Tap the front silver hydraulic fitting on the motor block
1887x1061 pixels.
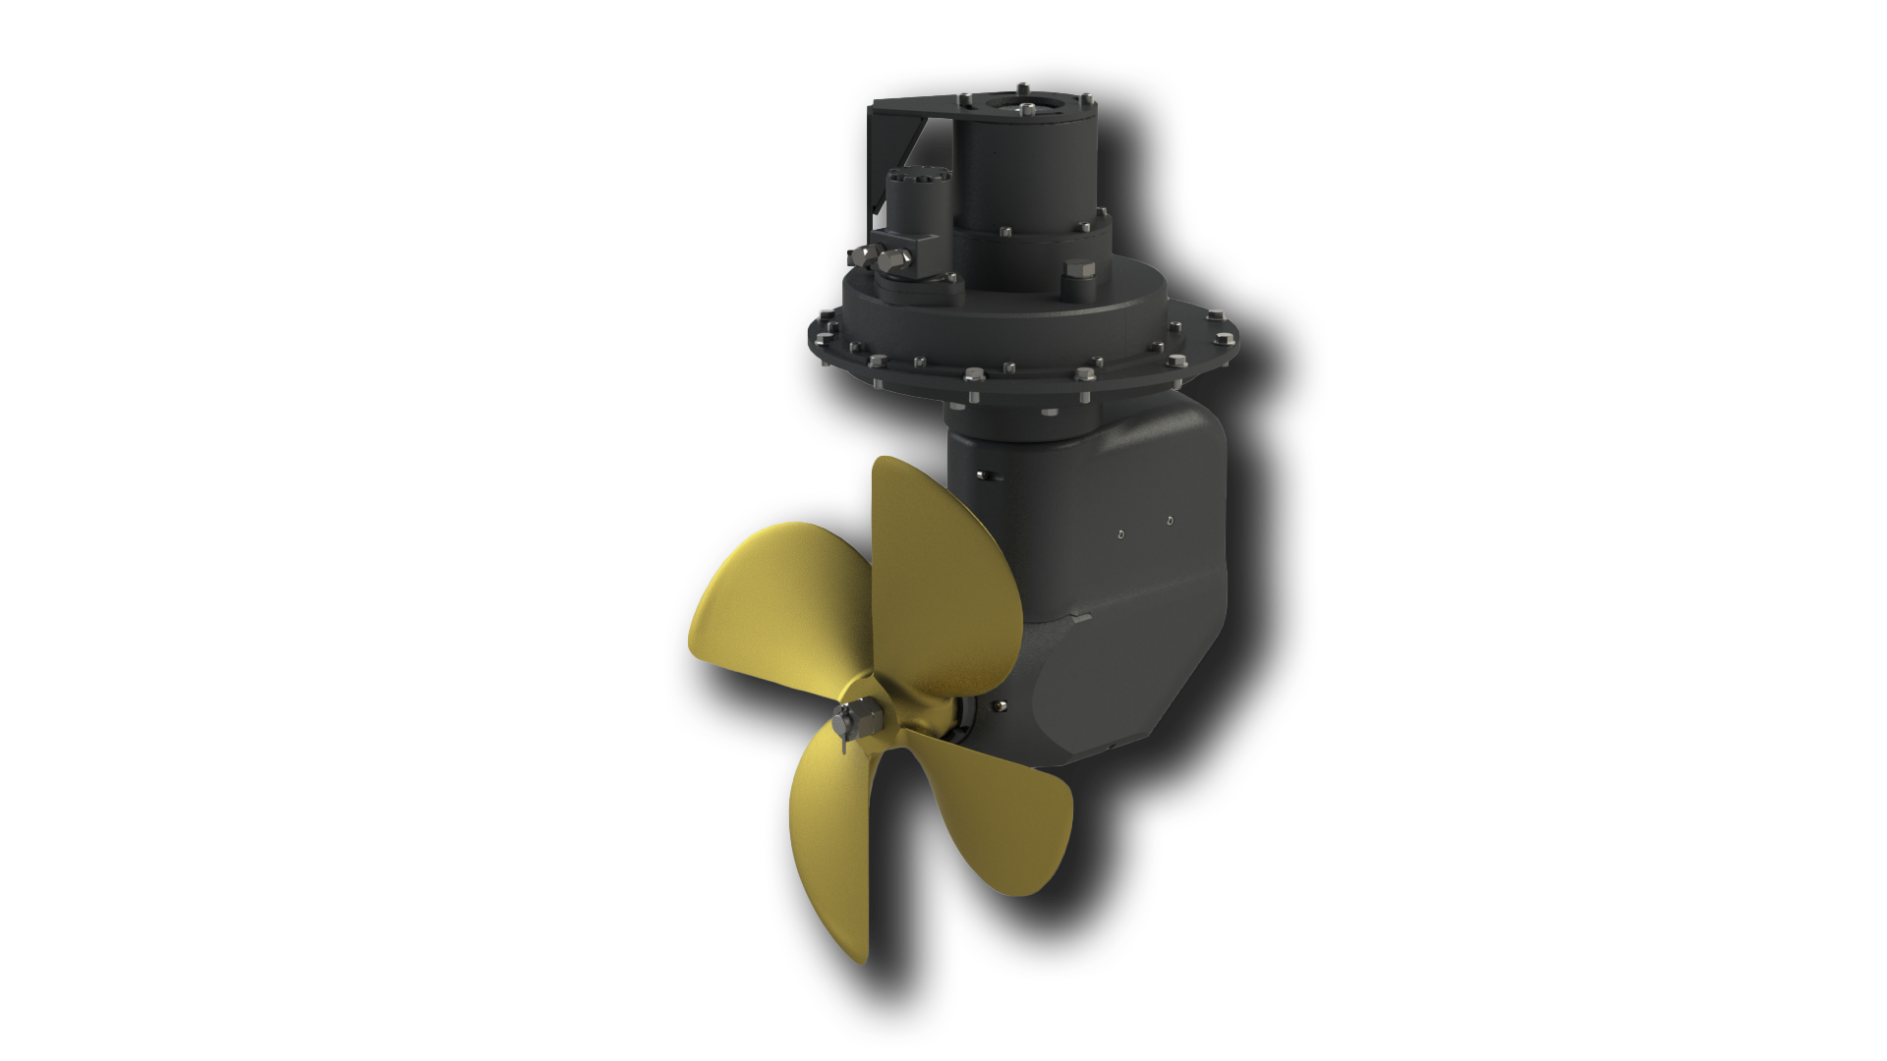pyautogui.click(x=892, y=261)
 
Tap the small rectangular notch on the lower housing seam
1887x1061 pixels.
pyautogui.click(x=1082, y=619)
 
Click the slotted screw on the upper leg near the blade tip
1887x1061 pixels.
pyautogui.click(x=986, y=476)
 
